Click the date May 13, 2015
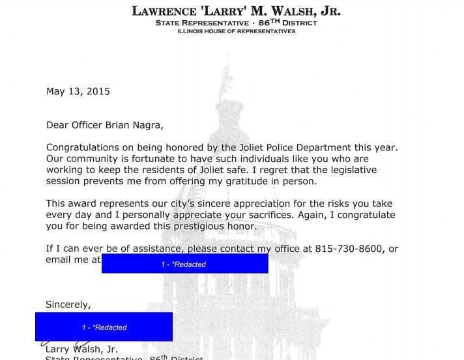tap(78, 91)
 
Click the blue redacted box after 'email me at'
tap(184, 264)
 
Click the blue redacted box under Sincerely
tap(104, 327)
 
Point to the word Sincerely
tap(68, 304)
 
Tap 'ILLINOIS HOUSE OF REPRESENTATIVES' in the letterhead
tap(236, 31)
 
